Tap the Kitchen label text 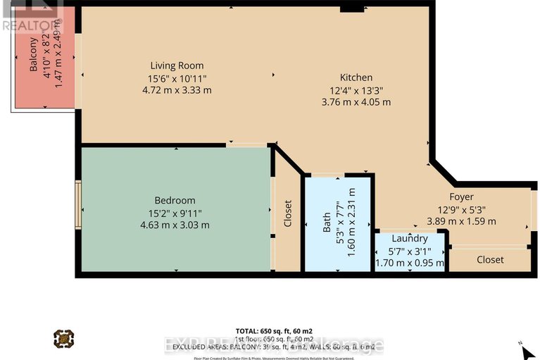click(356, 77)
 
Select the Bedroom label click(175, 201)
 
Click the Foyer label click(462, 197)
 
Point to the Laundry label click(410, 239)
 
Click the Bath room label click(327, 223)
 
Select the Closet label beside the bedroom click(287, 214)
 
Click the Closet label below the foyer click(490, 259)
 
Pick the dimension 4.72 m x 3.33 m click(177, 90)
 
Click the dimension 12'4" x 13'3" click(356, 89)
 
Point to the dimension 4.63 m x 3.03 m click(175, 225)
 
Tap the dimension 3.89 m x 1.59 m click(462, 221)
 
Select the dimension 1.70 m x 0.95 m click(410, 263)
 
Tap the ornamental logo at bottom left click(63, 340)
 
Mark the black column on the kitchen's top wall click(351, 9)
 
